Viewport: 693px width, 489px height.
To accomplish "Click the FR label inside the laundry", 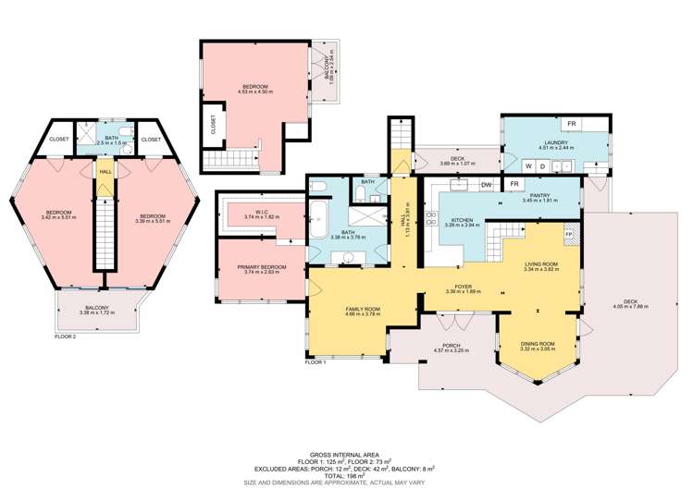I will tap(572, 124).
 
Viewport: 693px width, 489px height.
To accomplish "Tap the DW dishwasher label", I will tap(487, 186).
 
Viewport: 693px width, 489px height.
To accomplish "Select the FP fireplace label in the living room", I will tap(569, 235).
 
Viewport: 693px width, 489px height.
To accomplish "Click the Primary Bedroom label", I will tap(262, 267).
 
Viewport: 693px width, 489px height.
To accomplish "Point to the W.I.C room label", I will tap(262, 212).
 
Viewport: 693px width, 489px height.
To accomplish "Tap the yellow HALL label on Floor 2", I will tap(106, 172).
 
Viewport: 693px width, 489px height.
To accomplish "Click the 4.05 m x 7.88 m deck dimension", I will tap(629, 306).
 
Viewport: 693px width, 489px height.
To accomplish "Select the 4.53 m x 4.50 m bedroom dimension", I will tap(250, 91).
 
